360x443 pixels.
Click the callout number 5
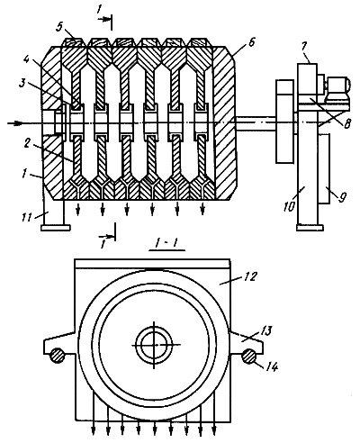[59, 28]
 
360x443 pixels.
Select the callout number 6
[251, 42]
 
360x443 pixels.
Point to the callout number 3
[22, 84]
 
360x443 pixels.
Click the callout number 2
[28, 144]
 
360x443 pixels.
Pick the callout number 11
[27, 217]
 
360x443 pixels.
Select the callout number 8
[346, 123]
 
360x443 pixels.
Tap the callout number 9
[342, 197]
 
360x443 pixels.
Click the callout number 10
[289, 206]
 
